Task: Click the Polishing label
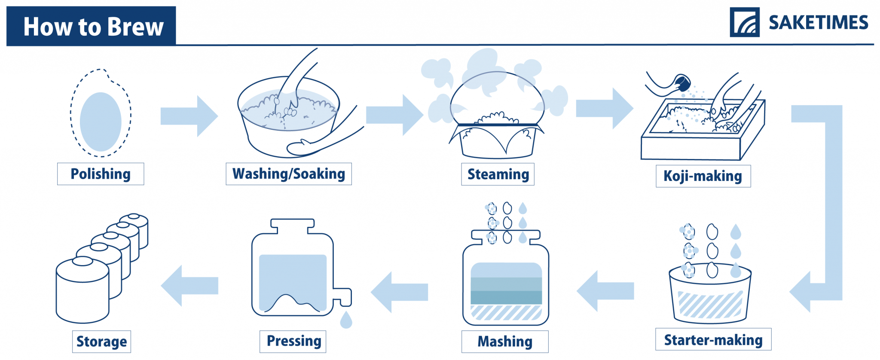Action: (x=101, y=174)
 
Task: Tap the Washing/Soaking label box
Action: (x=288, y=174)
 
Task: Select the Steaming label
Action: (x=498, y=174)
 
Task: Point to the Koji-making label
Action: (x=703, y=176)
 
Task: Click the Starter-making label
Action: (x=713, y=340)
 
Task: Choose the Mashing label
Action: (x=505, y=342)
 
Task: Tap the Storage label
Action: (x=101, y=342)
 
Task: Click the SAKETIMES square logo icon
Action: (x=745, y=22)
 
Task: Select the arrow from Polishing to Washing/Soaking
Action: (x=189, y=116)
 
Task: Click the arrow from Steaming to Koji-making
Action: (x=604, y=108)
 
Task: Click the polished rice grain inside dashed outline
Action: (x=101, y=122)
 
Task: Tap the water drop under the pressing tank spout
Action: (x=346, y=320)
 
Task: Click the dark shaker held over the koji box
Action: (x=682, y=82)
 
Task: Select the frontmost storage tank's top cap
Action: (x=82, y=261)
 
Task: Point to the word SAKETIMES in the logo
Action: (x=818, y=23)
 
